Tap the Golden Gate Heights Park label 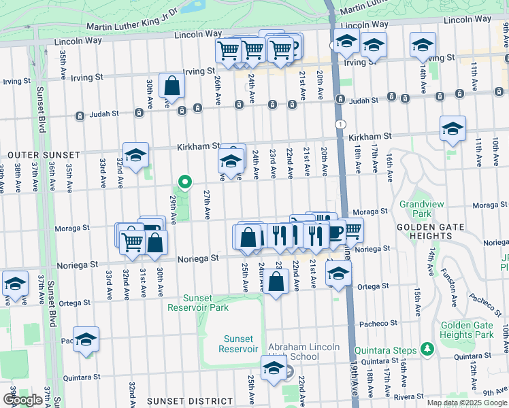467,330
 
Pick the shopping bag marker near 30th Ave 171,86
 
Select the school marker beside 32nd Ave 135,155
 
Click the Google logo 23,400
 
